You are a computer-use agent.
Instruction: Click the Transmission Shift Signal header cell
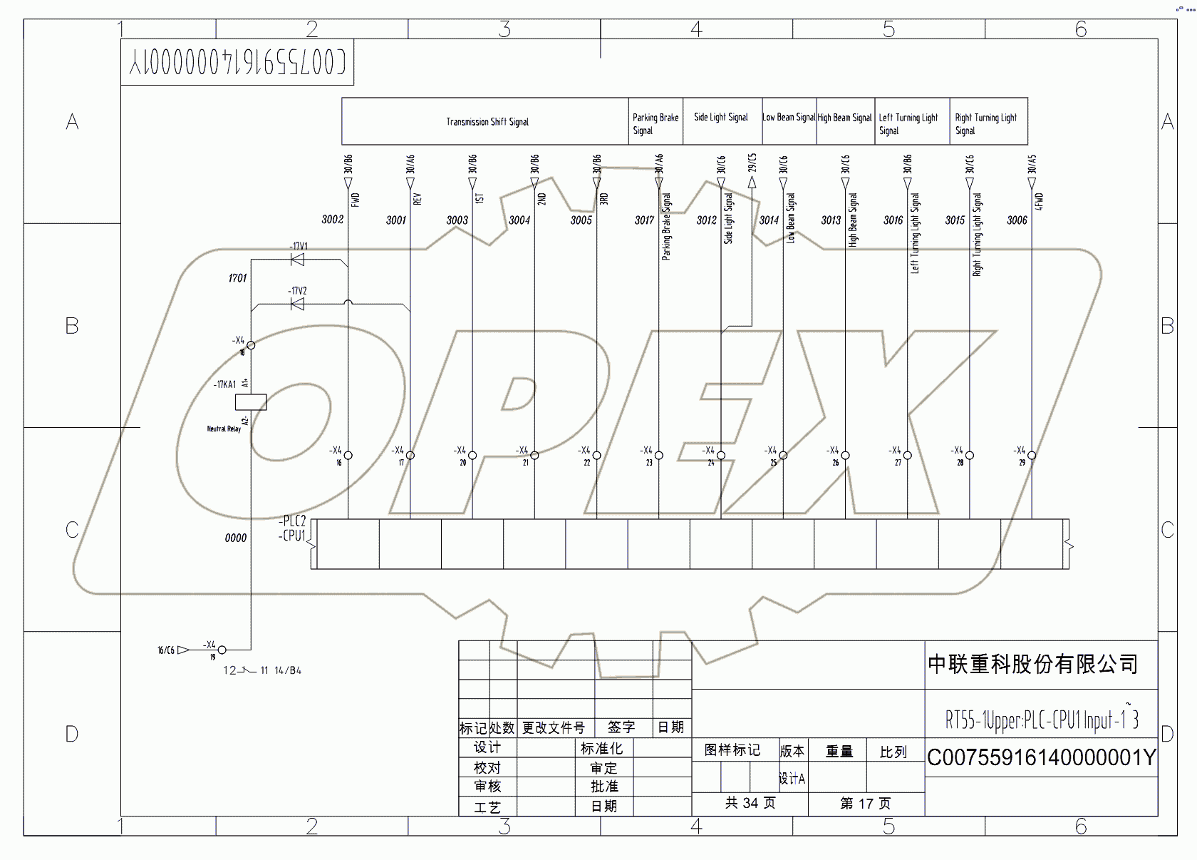tap(487, 122)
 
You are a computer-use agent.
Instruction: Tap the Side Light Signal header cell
tap(721, 118)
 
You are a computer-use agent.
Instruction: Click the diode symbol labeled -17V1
tap(298, 260)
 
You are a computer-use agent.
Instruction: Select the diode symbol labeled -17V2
tap(298, 304)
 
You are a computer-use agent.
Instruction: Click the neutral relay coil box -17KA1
tap(251, 402)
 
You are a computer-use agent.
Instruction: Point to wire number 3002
tap(333, 220)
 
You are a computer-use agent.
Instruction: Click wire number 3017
tap(644, 220)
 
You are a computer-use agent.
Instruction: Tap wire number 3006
tap(1017, 220)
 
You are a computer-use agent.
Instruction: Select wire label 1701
tap(237, 278)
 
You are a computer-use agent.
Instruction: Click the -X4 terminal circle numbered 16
tap(348, 455)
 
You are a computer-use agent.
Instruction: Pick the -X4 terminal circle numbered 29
tap(1032, 455)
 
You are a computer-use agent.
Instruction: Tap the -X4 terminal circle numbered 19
tap(222, 650)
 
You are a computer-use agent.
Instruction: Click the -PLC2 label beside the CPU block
tap(293, 521)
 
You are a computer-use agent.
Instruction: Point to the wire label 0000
tap(236, 538)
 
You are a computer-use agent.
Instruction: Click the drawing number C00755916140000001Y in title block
tap(1041, 757)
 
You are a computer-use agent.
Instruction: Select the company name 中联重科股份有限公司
tap(1032, 665)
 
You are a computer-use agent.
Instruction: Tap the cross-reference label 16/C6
tap(166, 650)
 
